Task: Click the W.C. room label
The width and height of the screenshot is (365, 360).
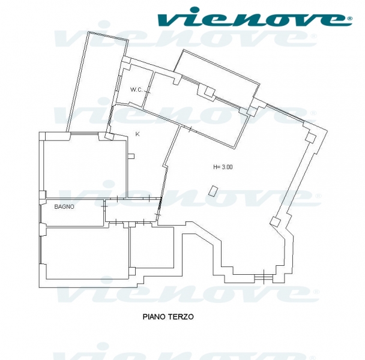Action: (136, 89)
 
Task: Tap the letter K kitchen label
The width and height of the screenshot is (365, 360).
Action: (137, 134)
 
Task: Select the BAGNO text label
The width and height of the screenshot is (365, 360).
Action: (64, 206)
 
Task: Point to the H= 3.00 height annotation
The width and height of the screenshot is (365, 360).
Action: (223, 167)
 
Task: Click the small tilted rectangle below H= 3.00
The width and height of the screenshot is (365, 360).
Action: (213, 191)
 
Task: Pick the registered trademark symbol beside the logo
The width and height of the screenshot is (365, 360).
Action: (349, 19)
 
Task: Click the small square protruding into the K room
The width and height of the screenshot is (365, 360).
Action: (131, 156)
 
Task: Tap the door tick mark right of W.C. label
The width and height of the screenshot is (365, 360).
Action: (147, 92)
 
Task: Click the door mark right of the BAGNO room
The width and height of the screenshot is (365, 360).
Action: (104, 206)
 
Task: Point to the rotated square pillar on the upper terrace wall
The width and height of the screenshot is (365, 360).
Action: (210, 92)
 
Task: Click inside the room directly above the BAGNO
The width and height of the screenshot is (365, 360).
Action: (85, 167)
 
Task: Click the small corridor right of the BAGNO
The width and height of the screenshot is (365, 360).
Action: (133, 210)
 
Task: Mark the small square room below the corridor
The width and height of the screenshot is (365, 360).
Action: (152, 247)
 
